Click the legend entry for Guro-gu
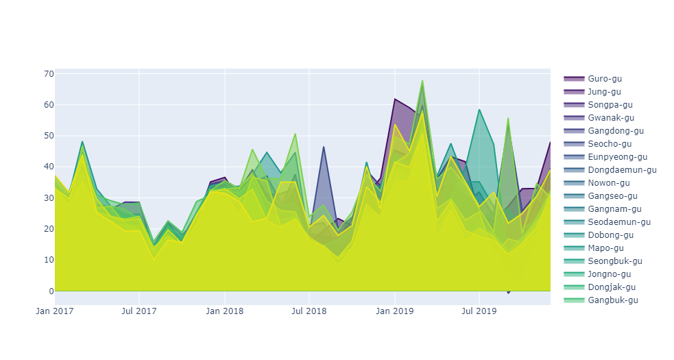(x=603, y=79)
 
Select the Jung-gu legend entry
(x=603, y=92)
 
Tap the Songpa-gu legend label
(x=608, y=105)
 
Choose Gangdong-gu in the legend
(x=614, y=131)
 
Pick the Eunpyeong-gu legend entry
(x=616, y=157)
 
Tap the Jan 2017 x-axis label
(x=55, y=311)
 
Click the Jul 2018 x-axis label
(x=309, y=311)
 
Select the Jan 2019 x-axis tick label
(x=395, y=311)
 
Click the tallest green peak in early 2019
(x=422, y=81)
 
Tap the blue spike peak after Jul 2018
(x=324, y=147)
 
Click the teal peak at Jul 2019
(x=479, y=110)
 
